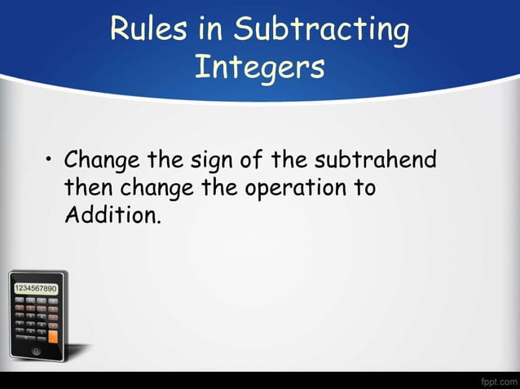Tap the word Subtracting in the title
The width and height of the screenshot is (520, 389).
(321, 30)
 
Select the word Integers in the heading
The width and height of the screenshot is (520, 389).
(259, 68)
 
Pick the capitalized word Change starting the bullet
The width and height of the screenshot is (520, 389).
(104, 160)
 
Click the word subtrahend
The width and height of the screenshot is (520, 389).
(376, 160)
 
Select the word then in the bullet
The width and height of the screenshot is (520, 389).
(89, 188)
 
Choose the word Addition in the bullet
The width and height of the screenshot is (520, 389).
(108, 216)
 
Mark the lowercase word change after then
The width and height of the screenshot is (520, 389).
(159, 189)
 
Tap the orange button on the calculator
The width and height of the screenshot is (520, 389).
(53, 335)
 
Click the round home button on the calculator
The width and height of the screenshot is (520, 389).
(36, 351)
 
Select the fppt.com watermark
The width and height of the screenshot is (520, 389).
(498, 380)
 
